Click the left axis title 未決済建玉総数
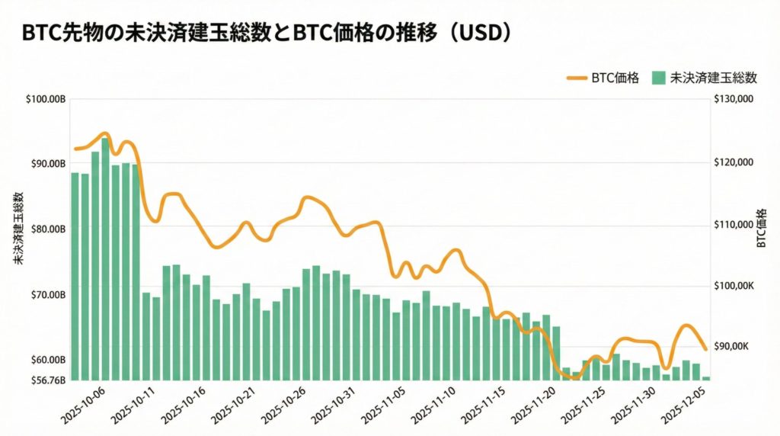click(x=18, y=229)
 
